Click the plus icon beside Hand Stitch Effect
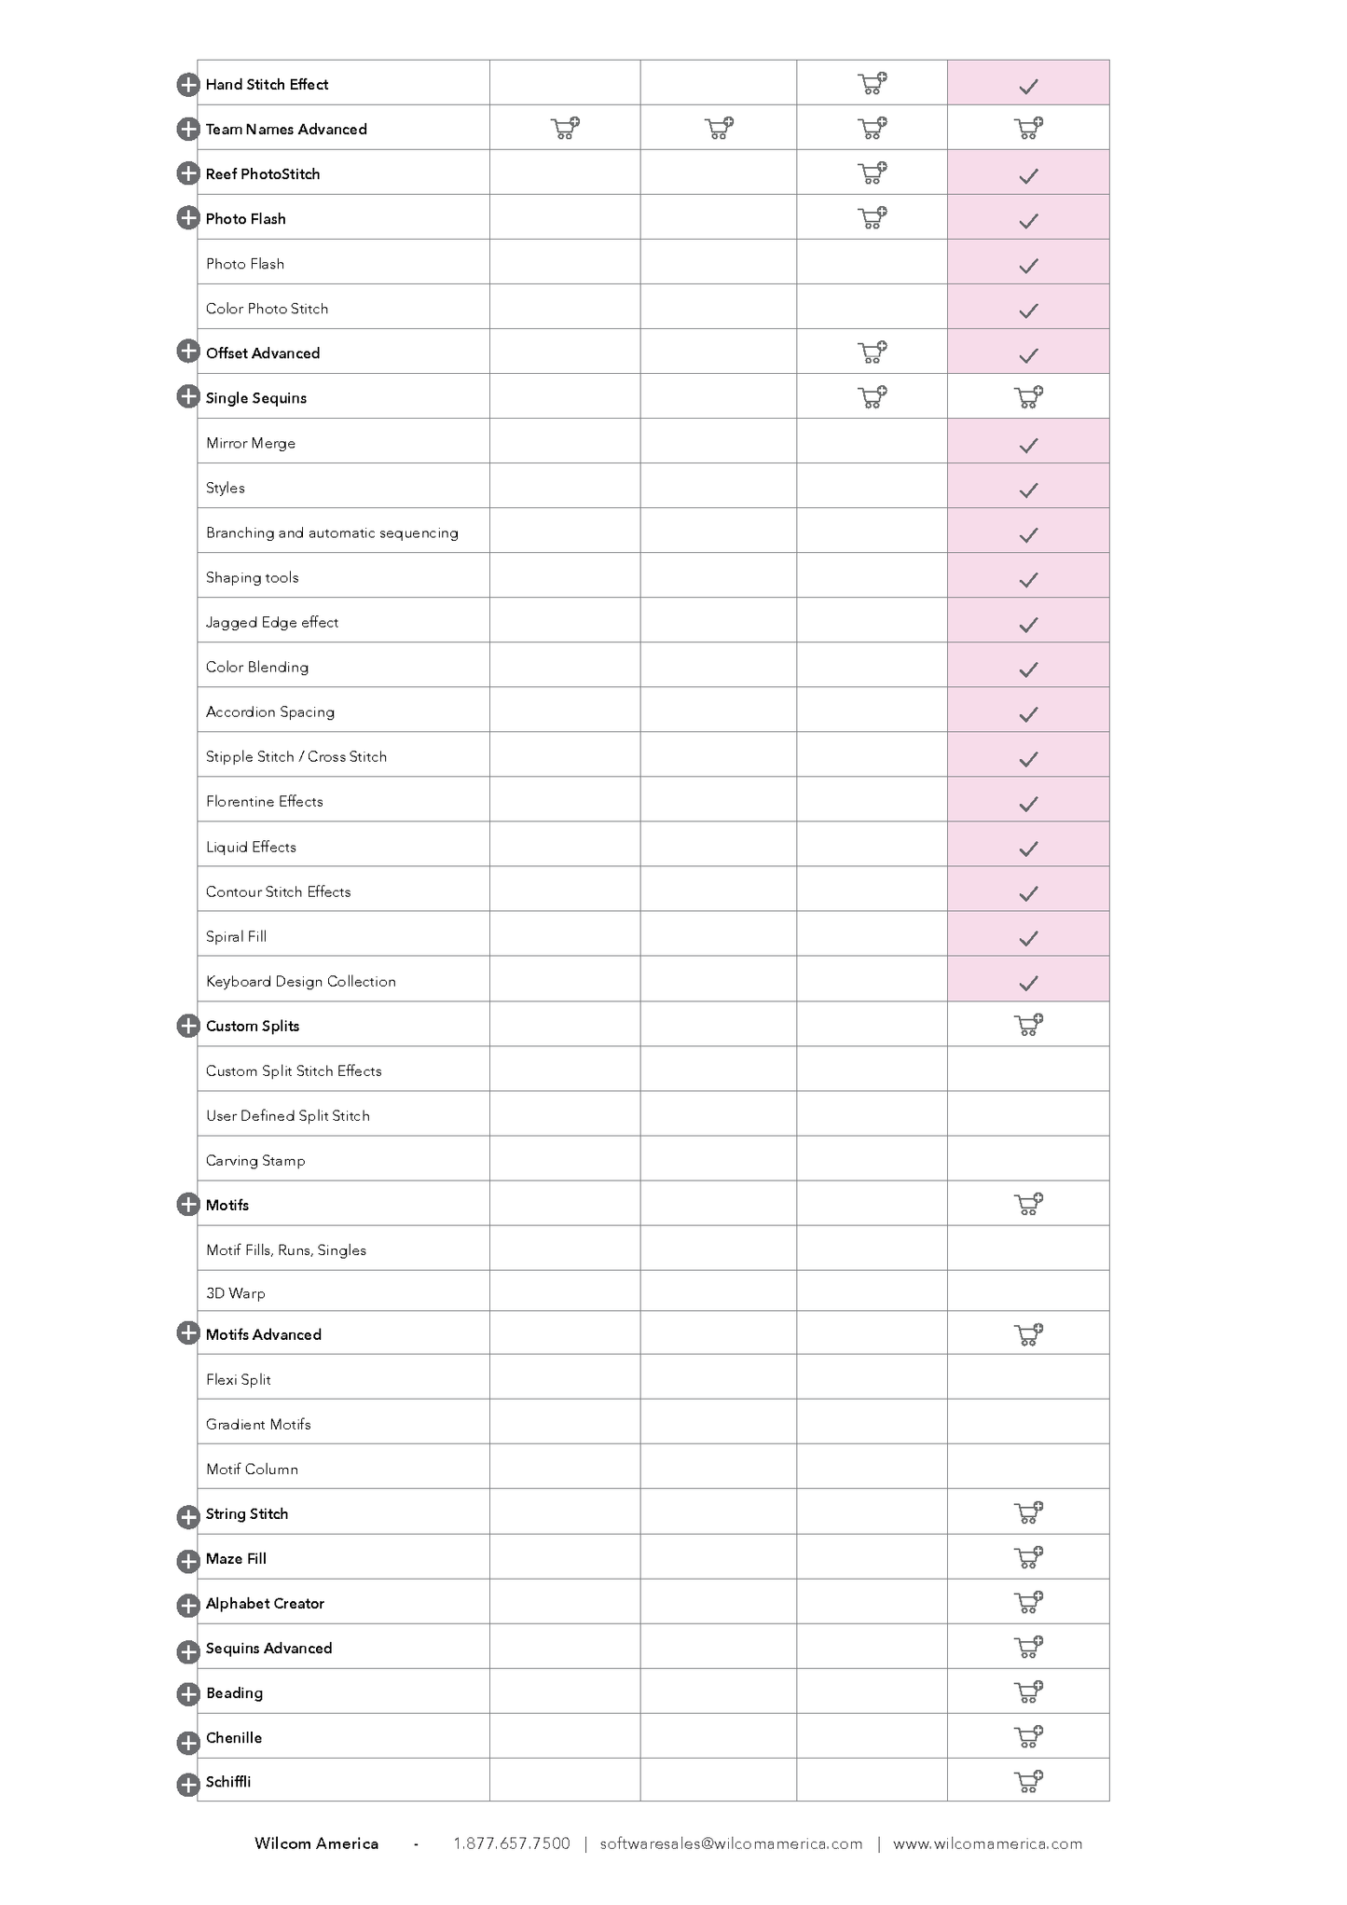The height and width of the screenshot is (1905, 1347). tap(187, 85)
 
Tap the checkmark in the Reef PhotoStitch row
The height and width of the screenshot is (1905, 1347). tap(1028, 175)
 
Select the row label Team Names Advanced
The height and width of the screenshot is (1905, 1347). tap(286, 130)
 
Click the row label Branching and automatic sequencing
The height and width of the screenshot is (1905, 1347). tap(332, 533)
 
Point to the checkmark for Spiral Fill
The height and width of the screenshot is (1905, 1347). tap(1028, 938)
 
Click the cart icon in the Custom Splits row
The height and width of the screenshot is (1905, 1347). tap(1028, 1026)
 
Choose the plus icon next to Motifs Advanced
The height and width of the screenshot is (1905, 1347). tap(187, 1333)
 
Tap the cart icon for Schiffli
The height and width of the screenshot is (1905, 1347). tap(1028, 1782)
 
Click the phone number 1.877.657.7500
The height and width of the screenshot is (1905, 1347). tap(512, 1843)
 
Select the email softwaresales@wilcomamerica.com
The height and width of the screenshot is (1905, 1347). tap(731, 1843)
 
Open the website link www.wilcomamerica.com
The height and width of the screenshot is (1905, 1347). tap(987, 1843)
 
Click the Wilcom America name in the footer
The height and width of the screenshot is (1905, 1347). tap(316, 1843)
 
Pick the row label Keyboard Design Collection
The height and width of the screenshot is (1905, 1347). tap(301, 982)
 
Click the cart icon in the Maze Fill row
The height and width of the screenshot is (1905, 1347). tap(1028, 1558)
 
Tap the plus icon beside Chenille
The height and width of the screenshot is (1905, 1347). tap(187, 1742)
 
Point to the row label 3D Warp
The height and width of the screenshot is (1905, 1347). tap(236, 1293)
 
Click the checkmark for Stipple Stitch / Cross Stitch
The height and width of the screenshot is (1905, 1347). tap(1028, 759)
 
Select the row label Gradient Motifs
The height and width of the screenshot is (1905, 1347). tap(258, 1425)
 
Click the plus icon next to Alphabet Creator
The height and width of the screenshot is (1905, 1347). tap(187, 1605)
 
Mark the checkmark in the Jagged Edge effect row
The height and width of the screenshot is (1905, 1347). tap(1028, 625)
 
